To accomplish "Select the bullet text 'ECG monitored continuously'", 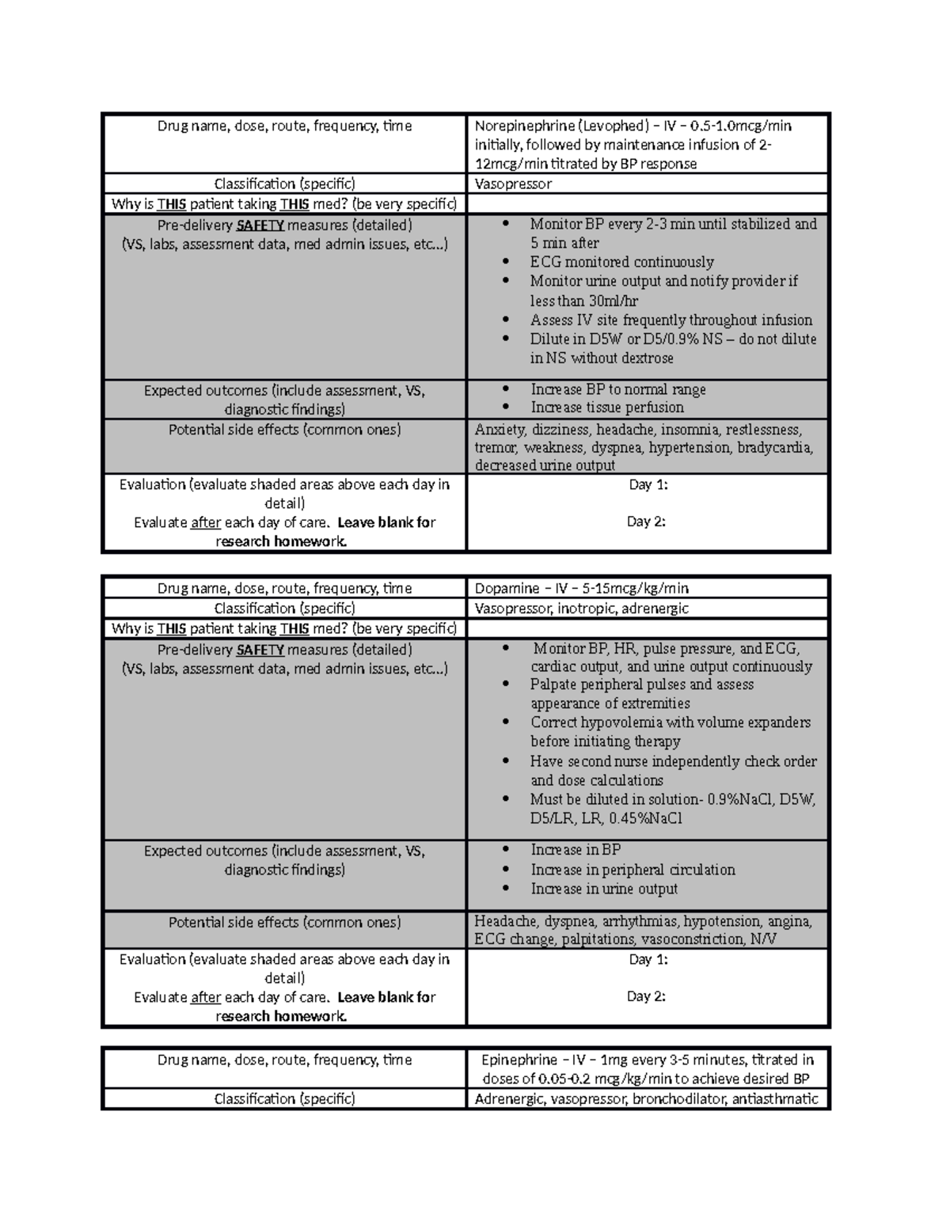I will [621, 262].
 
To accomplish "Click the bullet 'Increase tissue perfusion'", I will [607, 408].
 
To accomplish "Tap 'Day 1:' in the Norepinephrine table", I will [648, 485].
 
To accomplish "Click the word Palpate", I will [553, 685].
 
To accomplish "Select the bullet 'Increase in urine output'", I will [604, 889].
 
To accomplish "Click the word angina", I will [788, 921].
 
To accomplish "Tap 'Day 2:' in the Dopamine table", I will [646, 996].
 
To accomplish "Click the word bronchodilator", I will [679, 1098].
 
